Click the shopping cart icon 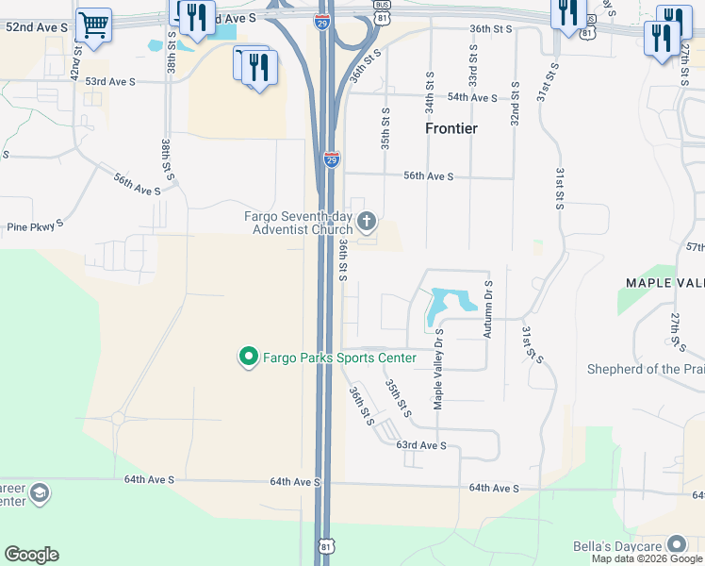[92, 25]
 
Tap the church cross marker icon [367, 223]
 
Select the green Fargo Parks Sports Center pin [249, 357]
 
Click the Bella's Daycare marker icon [677, 544]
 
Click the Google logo [31, 555]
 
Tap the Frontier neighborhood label [451, 128]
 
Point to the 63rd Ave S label [420, 444]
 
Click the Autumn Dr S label [488, 308]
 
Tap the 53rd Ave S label [110, 82]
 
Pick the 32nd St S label [515, 103]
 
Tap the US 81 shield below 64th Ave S [326, 546]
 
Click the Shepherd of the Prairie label [646, 369]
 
